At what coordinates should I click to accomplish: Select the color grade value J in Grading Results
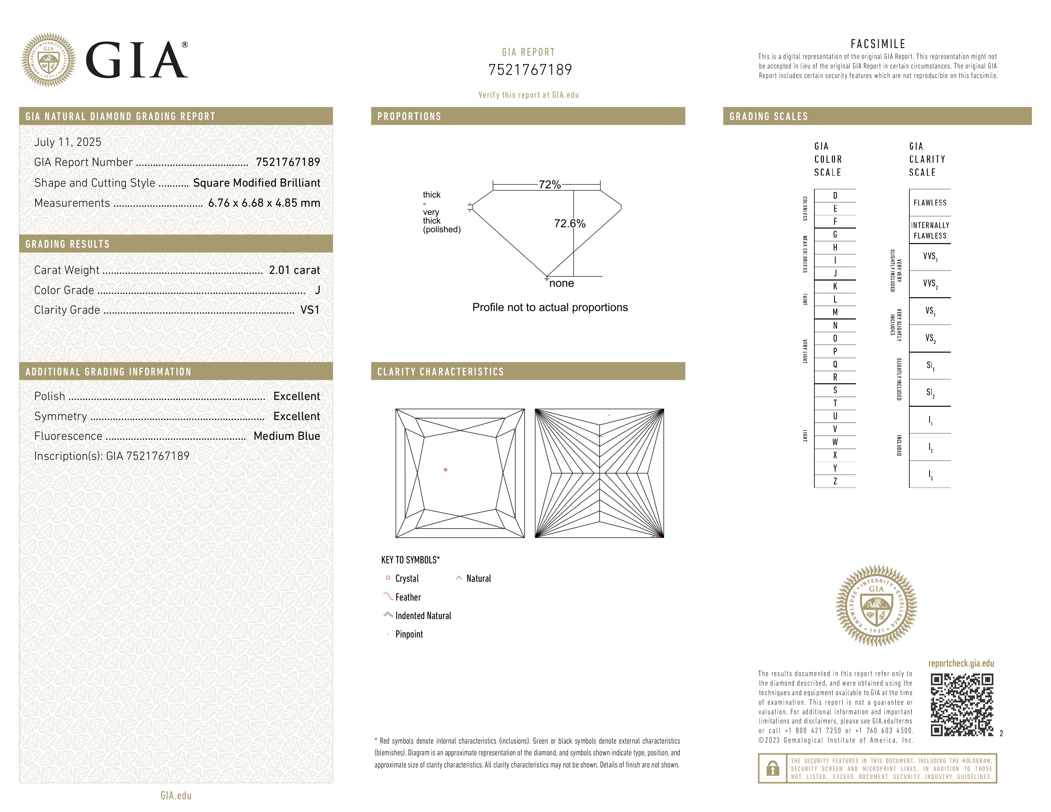(x=317, y=290)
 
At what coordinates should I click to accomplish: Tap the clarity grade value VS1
(x=310, y=310)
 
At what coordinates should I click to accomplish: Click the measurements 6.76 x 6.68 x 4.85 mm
(x=264, y=203)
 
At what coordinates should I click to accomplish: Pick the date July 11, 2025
(x=68, y=142)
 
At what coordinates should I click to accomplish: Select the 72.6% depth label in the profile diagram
(x=569, y=223)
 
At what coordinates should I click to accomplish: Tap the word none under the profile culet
(x=561, y=283)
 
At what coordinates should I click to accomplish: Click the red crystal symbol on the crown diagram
(x=446, y=469)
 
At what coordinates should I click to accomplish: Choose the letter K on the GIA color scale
(x=835, y=286)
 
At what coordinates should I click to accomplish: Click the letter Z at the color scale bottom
(x=835, y=481)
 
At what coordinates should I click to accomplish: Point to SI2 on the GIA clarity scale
(x=930, y=393)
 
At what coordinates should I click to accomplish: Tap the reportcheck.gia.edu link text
(x=961, y=663)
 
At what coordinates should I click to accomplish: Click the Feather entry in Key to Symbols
(x=408, y=597)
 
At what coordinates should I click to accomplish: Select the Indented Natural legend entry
(x=423, y=616)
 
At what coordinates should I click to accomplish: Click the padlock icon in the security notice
(x=772, y=768)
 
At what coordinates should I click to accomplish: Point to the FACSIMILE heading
(x=878, y=44)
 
